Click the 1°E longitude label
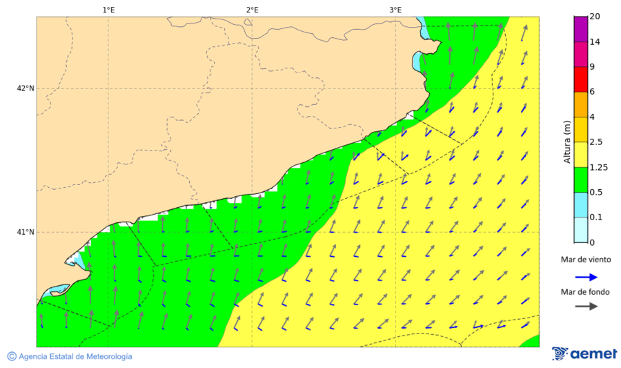108,10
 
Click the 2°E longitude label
252,10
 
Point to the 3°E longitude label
395,10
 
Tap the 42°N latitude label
26,88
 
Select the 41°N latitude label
26,232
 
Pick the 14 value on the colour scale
595,42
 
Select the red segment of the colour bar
580,79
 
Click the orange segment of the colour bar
580,104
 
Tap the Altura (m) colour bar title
567,142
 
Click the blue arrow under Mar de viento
586,276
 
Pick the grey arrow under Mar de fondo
586,307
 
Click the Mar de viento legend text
586,260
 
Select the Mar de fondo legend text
586,292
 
